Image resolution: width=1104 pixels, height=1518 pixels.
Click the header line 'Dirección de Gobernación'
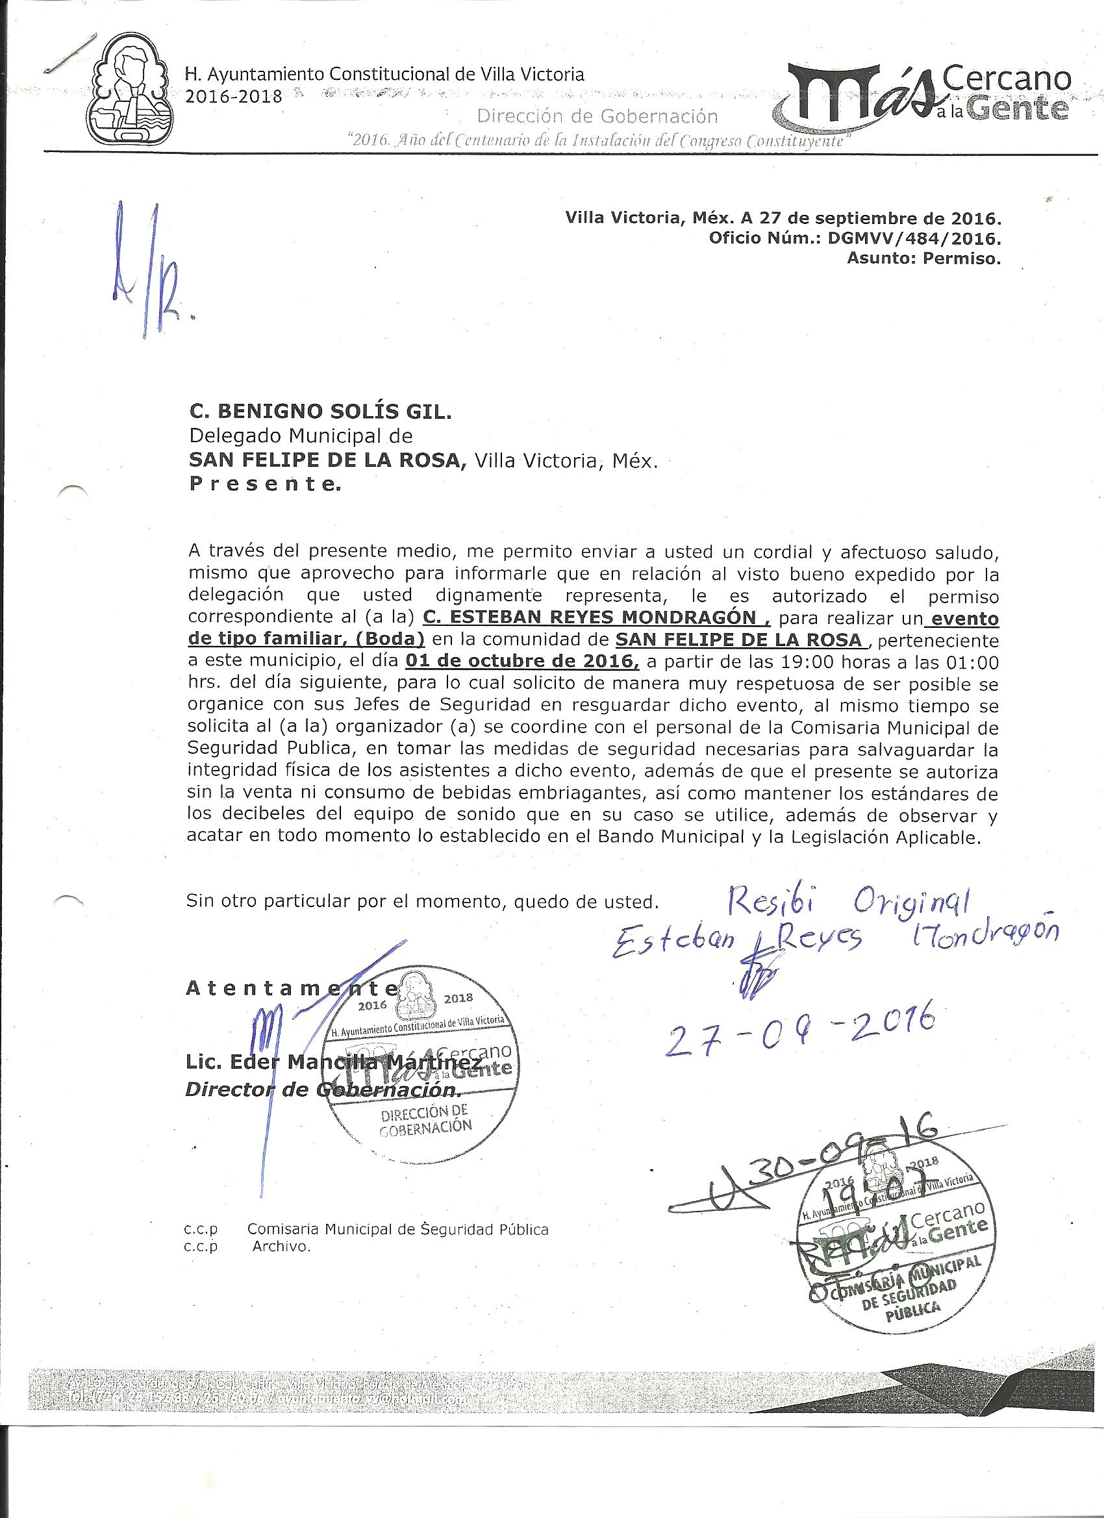597,116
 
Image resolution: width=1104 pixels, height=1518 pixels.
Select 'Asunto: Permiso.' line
924,258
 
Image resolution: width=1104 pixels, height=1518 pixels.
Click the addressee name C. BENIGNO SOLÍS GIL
321,413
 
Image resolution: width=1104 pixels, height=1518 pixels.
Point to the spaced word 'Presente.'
265,484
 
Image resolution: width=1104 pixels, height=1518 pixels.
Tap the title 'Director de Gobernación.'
323,1089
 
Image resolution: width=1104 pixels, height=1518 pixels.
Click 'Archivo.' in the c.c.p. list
281,1246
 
